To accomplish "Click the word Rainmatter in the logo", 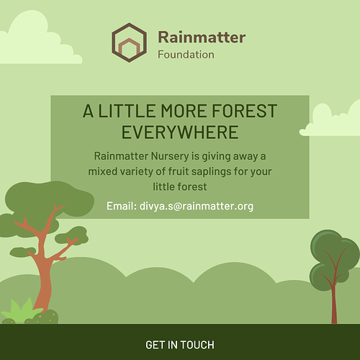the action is [202, 37].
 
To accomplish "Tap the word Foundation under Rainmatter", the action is [186, 55].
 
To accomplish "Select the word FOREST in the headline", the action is [245, 111].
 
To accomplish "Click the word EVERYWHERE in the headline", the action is [180, 132].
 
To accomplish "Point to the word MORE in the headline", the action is [184, 111].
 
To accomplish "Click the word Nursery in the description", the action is [170, 156].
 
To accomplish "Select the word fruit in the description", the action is [179, 171].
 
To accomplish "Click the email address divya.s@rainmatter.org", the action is [197, 206].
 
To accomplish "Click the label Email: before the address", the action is [122, 206].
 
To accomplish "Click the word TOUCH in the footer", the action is [197, 345].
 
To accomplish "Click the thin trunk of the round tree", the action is [334, 305].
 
